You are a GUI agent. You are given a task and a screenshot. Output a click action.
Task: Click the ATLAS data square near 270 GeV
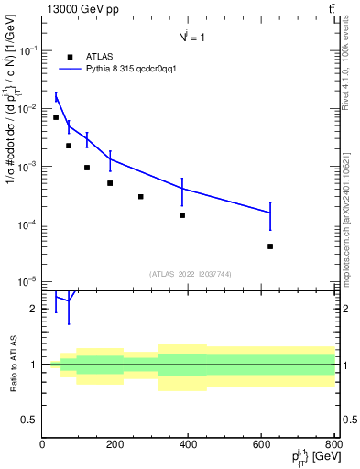click(141, 196)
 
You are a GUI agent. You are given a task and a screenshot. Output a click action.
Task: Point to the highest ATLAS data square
click(56, 117)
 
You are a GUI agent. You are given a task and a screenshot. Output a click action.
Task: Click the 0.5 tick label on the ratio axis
click(30, 420)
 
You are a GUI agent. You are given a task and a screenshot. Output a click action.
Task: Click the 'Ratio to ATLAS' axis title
click(11, 365)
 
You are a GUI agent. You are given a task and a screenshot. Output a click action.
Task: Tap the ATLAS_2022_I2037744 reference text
click(188, 274)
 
